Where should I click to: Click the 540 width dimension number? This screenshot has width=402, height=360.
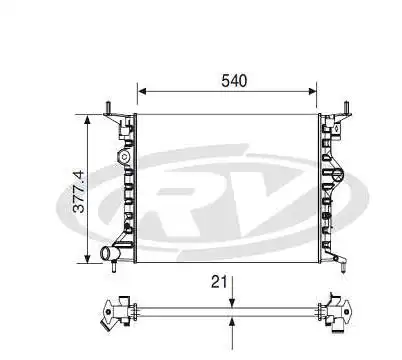(234, 81)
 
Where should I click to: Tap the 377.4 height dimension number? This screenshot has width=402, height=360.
(79, 192)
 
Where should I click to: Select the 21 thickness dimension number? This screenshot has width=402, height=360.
(219, 282)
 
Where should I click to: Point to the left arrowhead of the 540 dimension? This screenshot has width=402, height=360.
(142, 91)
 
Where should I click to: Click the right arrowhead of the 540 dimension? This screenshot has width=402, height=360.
(312, 91)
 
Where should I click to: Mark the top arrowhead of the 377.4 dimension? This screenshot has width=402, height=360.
(87, 120)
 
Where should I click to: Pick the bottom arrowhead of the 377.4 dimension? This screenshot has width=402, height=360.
(87, 258)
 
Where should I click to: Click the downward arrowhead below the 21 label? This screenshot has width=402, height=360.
(232, 303)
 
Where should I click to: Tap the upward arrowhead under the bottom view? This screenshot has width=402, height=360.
(232, 322)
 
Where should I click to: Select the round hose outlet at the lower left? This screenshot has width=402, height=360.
(108, 253)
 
